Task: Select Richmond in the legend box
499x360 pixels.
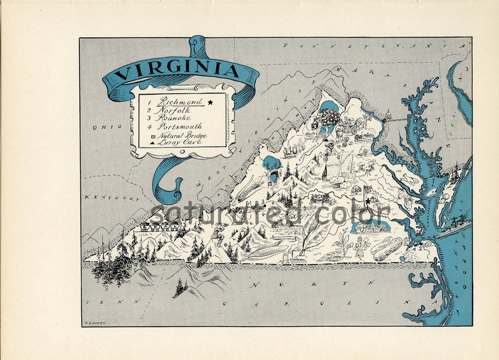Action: tap(180, 101)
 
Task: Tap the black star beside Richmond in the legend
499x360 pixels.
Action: tap(211, 101)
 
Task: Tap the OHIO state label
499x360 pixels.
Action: tap(102, 128)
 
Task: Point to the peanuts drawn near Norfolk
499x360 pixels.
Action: tap(387, 246)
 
